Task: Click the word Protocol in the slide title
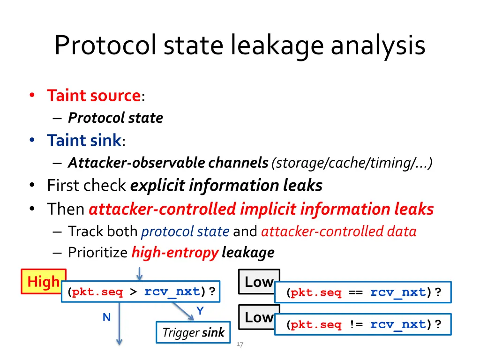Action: pos(106,46)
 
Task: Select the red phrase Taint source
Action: pos(94,96)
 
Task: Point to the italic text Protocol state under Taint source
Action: pos(115,118)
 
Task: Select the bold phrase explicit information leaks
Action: pos(226,186)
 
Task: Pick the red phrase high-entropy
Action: pos(175,253)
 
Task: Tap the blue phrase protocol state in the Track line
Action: pos(185,231)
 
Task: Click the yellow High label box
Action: pos(44,282)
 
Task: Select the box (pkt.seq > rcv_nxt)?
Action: pos(141,292)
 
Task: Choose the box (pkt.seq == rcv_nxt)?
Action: pos(363,292)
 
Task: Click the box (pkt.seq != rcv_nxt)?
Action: pos(363,324)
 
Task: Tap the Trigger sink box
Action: pos(193,333)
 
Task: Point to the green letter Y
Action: pos(200,311)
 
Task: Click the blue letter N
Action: pos(106,317)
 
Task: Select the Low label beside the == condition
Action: pos(259,282)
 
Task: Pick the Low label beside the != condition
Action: pos(259,317)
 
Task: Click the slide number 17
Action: pos(240,345)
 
